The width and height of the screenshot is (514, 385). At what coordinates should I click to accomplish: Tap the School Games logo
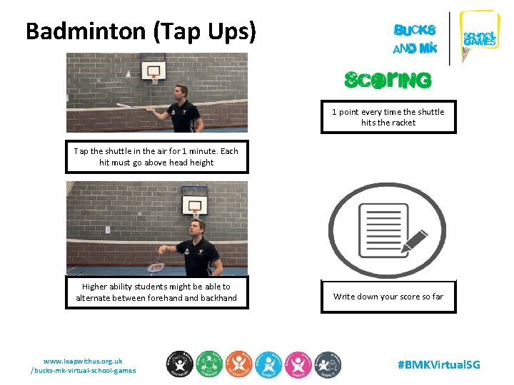coord(480,37)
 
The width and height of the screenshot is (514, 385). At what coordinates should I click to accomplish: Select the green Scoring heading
coord(388,80)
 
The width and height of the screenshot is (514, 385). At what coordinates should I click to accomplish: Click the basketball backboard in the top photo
coord(153,71)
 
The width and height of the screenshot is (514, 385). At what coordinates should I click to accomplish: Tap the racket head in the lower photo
coord(155,267)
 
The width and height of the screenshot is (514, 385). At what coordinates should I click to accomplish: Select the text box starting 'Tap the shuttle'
coord(156,157)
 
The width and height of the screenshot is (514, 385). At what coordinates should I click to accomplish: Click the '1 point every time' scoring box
coord(388,117)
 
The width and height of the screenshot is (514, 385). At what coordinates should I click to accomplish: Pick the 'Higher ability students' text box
coord(156,292)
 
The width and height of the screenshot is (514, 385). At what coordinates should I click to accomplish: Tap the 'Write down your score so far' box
coord(388,296)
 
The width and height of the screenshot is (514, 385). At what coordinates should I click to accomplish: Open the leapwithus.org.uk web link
coord(83,366)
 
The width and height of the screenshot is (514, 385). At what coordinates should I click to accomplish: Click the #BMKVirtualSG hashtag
coord(438,364)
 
